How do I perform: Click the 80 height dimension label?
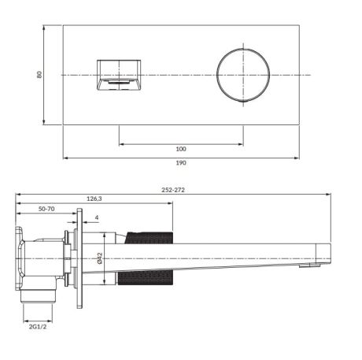point(39,74)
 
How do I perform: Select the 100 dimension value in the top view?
point(181,149)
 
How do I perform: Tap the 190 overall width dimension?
point(181,163)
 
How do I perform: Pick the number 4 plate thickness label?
point(96,217)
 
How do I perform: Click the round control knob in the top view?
point(242,75)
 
